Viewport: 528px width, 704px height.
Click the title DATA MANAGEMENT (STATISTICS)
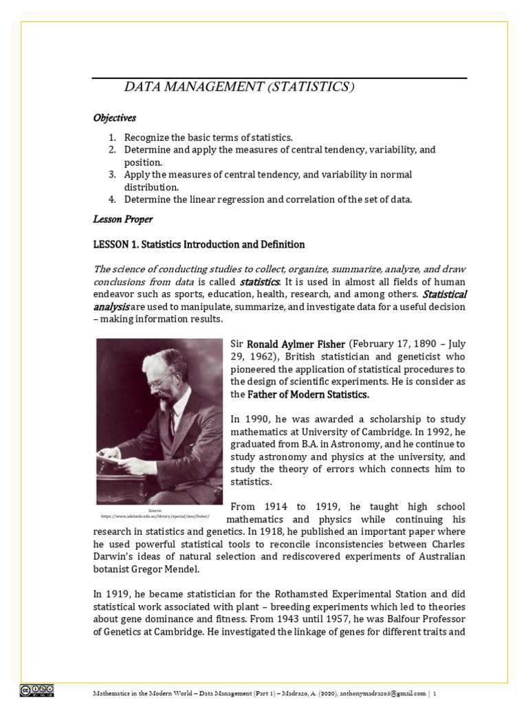[x=239, y=87]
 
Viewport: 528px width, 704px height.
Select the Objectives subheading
[x=115, y=118]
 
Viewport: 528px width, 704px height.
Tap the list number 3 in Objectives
[x=112, y=175]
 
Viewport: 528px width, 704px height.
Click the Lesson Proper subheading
[x=122, y=219]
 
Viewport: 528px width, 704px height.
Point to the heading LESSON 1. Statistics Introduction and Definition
[x=199, y=245]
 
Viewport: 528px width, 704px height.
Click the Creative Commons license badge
[x=37, y=690]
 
